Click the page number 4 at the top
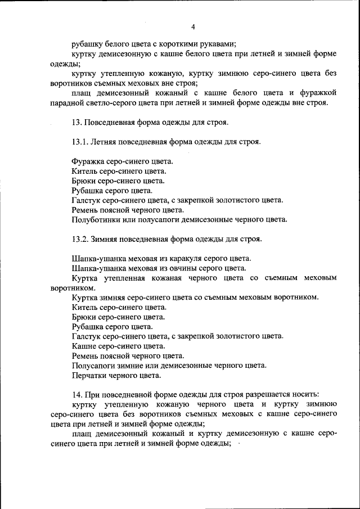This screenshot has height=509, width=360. tap(193, 27)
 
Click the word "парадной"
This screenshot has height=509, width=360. tap(65, 102)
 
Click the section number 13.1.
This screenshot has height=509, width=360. tap(82, 142)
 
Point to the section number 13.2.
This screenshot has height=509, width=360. tap(82, 238)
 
